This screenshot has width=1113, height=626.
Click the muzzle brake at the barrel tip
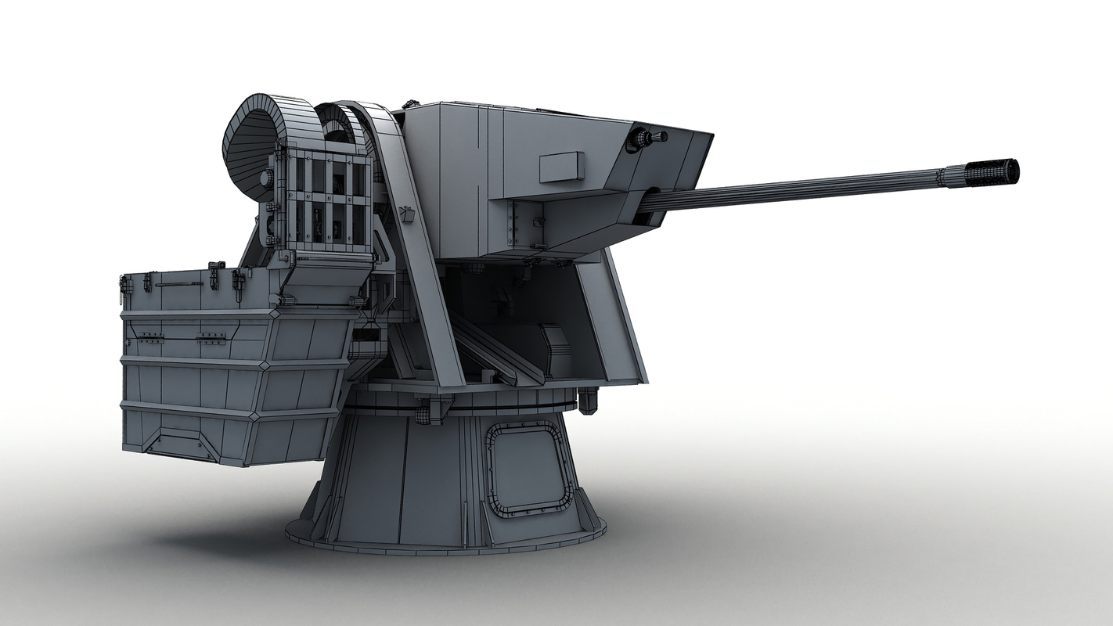(992, 172)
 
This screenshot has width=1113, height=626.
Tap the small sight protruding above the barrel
(647, 139)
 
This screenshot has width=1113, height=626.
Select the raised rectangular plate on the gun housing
(562, 166)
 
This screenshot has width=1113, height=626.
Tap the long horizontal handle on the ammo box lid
(179, 284)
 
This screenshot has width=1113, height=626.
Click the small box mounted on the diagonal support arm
(405, 214)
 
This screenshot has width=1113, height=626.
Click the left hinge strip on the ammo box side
(150, 338)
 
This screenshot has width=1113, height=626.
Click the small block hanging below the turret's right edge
(588, 401)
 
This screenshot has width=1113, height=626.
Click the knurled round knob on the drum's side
(266, 178)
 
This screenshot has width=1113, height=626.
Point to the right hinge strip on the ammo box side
(211, 338)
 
